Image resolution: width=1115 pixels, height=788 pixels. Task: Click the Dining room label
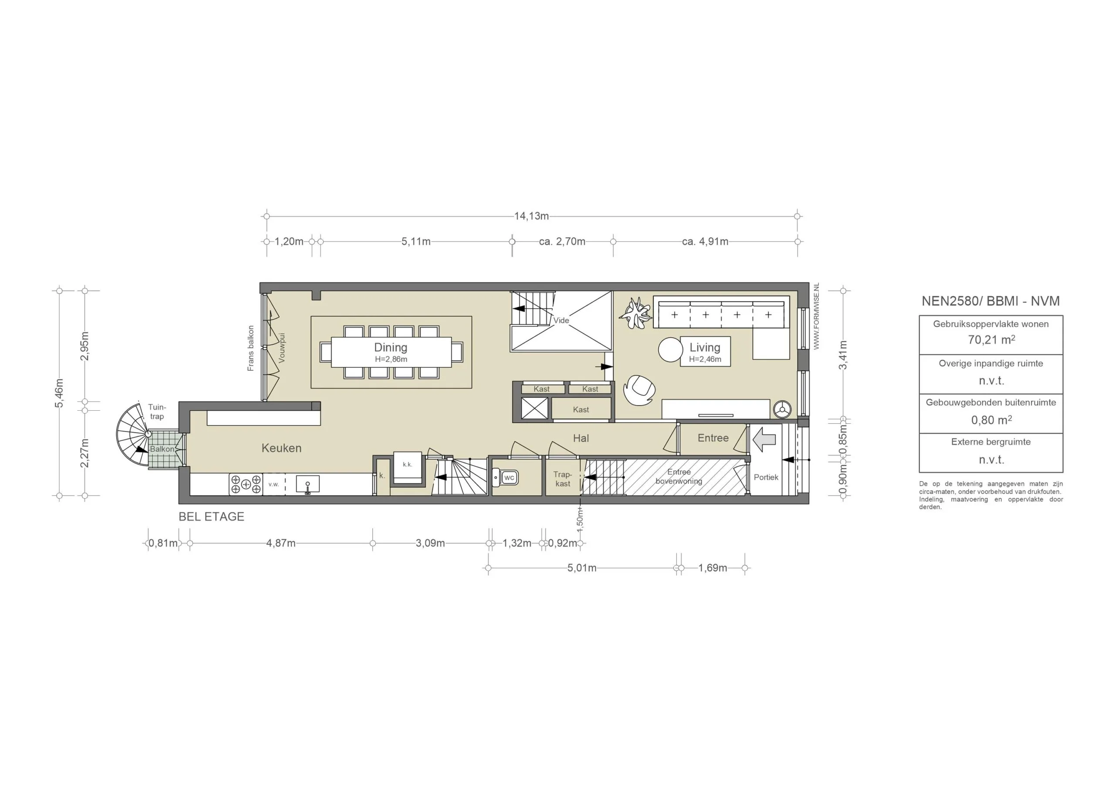[390, 347]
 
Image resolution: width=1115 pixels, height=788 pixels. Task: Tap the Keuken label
[281, 448]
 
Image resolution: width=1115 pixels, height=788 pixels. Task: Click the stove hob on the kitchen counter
[246, 484]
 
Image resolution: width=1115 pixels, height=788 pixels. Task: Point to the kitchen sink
[307, 484]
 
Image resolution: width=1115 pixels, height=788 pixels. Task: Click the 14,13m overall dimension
[531, 216]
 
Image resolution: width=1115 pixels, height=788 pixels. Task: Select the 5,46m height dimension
[59, 393]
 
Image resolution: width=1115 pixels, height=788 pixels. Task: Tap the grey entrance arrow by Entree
[764, 439]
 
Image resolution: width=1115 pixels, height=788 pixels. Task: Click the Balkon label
[162, 449]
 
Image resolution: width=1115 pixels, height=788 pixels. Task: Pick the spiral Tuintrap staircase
[132, 435]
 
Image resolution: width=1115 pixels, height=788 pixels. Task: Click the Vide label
[561, 320]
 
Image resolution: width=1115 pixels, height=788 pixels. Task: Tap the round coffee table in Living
[670, 349]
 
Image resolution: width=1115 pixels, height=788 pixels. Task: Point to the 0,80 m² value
[991, 420]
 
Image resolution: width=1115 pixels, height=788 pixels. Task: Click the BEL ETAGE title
[211, 517]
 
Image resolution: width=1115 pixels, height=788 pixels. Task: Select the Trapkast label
[562, 479]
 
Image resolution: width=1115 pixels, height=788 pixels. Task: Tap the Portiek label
[766, 477]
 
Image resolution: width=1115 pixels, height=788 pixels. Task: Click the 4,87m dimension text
[280, 543]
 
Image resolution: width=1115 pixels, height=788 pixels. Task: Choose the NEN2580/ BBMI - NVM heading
[991, 301]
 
